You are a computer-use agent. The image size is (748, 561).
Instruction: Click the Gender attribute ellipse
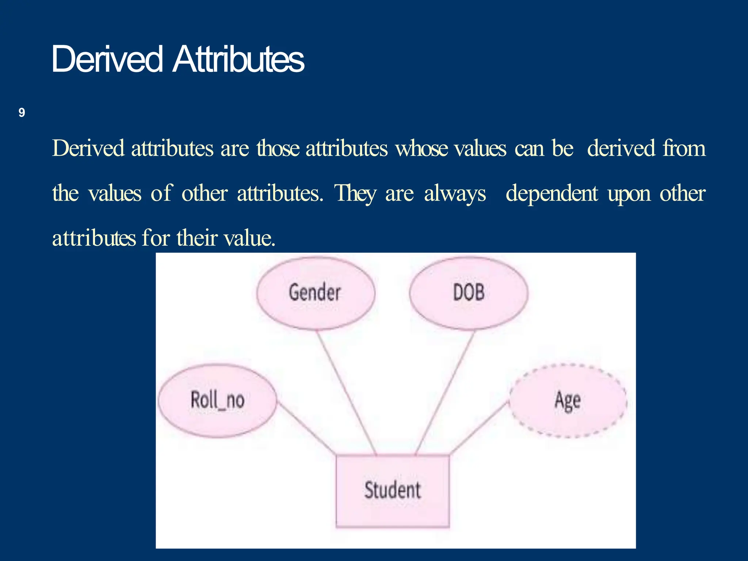316,293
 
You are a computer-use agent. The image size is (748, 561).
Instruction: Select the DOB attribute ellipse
469,293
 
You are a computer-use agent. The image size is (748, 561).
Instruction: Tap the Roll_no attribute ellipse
217,400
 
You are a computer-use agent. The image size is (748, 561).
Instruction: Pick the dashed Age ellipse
568,401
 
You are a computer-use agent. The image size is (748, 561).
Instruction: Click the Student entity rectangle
393,491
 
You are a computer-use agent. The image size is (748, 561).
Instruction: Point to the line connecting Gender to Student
346,393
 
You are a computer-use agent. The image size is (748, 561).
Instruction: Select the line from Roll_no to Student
306,428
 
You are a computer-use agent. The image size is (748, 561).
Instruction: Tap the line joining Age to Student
478,428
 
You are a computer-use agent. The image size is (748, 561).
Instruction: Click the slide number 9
22,113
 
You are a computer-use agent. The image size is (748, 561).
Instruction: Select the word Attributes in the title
238,59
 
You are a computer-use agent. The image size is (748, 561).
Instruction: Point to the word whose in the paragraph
422,149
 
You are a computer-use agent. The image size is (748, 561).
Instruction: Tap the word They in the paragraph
355,194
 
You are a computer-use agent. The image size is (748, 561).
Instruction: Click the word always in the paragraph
455,194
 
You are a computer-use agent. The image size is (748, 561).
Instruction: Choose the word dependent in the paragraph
552,194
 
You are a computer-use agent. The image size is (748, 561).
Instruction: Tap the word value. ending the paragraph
249,238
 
